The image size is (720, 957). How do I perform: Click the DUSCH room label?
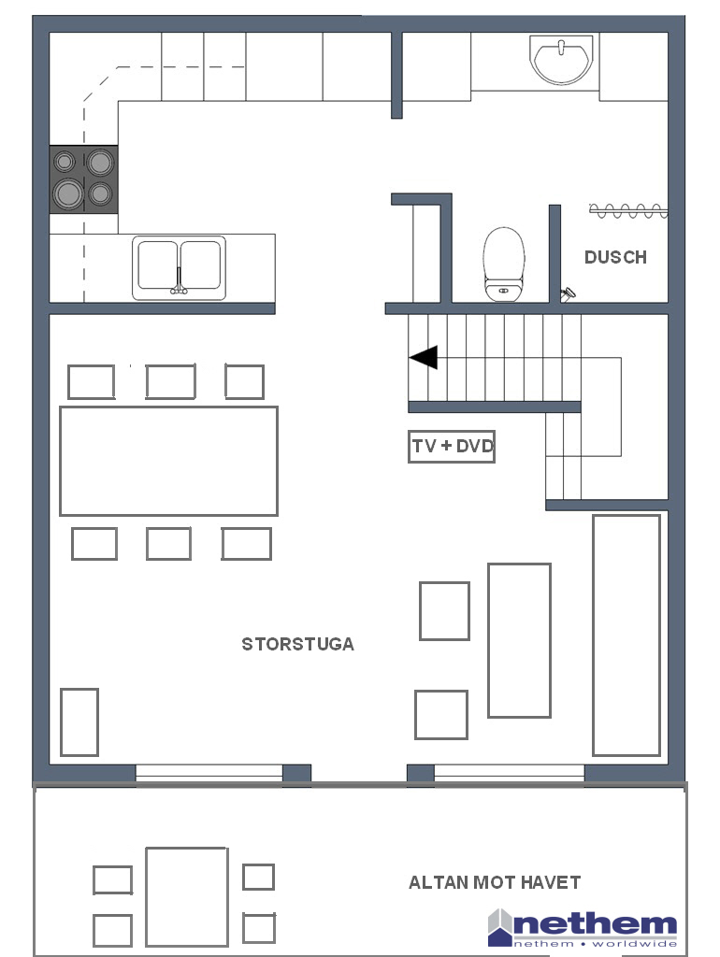coord(615,257)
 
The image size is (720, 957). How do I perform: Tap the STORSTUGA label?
coord(298,644)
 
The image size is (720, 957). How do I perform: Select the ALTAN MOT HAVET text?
coord(495,882)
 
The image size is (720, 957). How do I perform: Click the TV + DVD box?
coord(452,446)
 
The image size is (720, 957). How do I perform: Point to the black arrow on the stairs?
coord(424,357)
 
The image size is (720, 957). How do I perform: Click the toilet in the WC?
coord(504,264)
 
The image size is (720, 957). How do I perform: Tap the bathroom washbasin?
coord(561,59)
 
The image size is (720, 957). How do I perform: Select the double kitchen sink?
coord(179,267)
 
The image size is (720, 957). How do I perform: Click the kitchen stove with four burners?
coord(83,179)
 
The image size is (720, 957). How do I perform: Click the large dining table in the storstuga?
coord(168,461)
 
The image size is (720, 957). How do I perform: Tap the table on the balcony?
coord(187,896)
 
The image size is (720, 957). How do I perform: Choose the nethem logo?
coord(583,928)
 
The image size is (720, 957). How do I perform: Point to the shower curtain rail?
coord(627,211)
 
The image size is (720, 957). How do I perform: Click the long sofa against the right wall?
coord(626,636)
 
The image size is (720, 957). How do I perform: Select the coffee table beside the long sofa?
coord(519,640)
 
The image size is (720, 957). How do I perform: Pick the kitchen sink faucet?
coord(179,282)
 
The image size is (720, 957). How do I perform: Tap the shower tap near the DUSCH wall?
coord(568,294)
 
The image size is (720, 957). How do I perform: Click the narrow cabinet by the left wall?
coord(79,722)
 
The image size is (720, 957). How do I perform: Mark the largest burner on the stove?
coord(67,193)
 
